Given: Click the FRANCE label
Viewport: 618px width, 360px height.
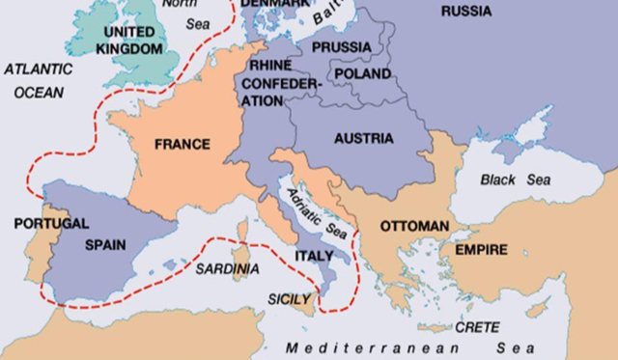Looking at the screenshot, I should (x=183, y=145).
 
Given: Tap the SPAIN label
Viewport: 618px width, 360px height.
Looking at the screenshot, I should (x=105, y=244).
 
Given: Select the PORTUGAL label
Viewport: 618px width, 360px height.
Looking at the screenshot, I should (x=51, y=223).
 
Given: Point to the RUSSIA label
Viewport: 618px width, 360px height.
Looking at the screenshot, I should (x=466, y=11).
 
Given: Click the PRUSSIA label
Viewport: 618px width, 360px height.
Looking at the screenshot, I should (x=341, y=46).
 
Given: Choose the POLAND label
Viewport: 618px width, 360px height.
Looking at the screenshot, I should (x=362, y=73).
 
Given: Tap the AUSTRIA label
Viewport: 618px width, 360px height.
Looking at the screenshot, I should (x=364, y=138).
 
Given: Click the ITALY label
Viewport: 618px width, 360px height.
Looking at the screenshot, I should (x=314, y=256).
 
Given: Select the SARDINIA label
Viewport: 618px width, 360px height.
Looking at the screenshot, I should (x=228, y=268).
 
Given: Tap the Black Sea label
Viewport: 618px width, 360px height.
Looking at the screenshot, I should (x=518, y=180).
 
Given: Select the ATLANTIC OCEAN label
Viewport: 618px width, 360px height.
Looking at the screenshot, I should (x=38, y=81).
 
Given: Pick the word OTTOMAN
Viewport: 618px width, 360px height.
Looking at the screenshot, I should (x=414, y=226).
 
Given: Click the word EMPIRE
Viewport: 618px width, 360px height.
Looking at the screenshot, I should (x=481, y=250).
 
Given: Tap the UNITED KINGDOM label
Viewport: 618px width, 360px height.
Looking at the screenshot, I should (x=130, y=40).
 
